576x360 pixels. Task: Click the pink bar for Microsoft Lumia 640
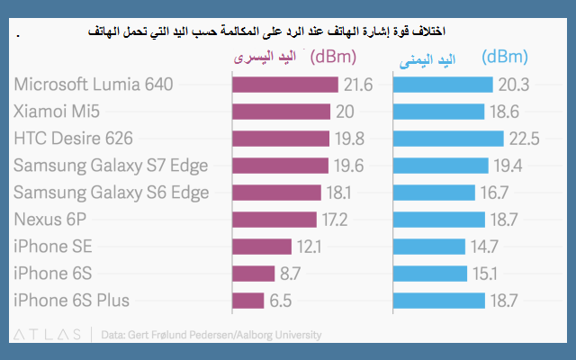(x=285, y=85)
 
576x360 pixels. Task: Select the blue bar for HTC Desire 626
(x=447, y=139)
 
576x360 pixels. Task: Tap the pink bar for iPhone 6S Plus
(x=248, y=301)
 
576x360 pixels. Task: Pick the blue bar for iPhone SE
(x=428, y=247)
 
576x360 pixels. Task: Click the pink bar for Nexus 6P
(x=274, y=220)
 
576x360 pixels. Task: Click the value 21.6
(x=357, y=85)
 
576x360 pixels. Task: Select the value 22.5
(x=523, y=139)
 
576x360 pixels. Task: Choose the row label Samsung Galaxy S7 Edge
(x=111, y=166)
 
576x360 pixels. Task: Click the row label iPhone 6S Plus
(x=71, y=301)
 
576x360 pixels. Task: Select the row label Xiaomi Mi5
(x=57, y=112)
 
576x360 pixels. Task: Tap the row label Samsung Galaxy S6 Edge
(x=111, y=193)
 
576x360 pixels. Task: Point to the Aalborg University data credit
(x=211, y=335)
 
